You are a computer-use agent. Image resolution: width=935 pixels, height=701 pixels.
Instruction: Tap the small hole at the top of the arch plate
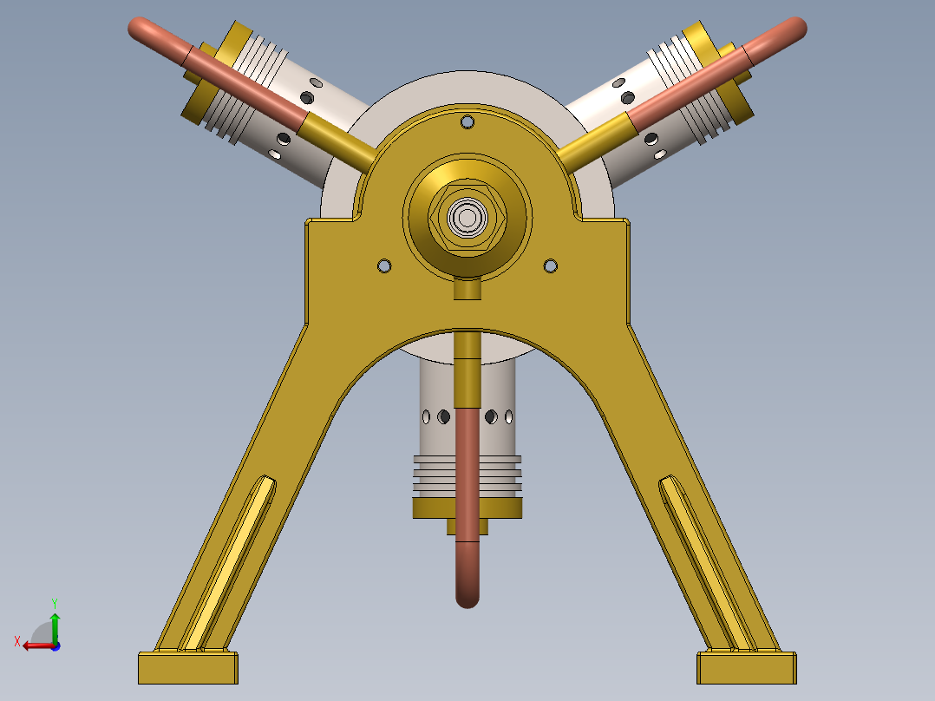(467, 122)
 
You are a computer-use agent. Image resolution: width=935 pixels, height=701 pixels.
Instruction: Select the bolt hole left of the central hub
(385, 265)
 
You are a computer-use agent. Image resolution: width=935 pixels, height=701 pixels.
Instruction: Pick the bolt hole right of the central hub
(549, 265)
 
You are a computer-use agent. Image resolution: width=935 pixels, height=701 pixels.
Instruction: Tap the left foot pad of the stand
(187, 668)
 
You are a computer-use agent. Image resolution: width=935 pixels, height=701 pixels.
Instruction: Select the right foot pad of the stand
(747, 668)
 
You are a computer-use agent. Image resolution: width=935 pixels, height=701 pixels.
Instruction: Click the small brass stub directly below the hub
(467, 289)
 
